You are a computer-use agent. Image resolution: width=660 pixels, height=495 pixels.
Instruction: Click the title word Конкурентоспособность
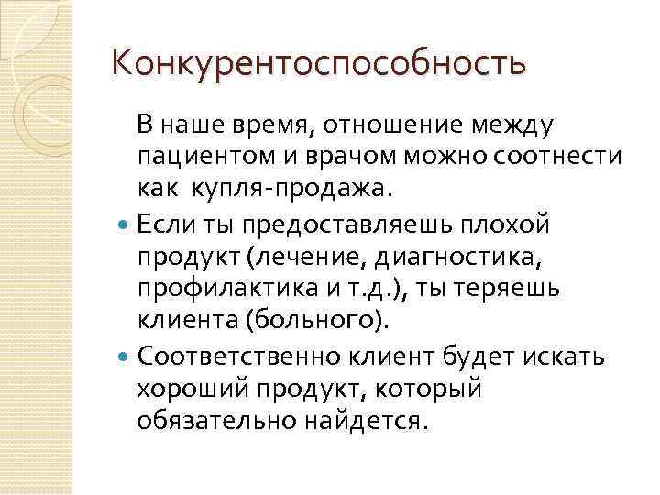318,63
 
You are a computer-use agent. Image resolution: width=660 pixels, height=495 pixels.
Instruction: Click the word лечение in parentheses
311,254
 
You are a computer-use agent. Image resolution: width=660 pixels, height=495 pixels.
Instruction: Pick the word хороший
192,387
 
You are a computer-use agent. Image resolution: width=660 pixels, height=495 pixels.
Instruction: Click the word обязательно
212,420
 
